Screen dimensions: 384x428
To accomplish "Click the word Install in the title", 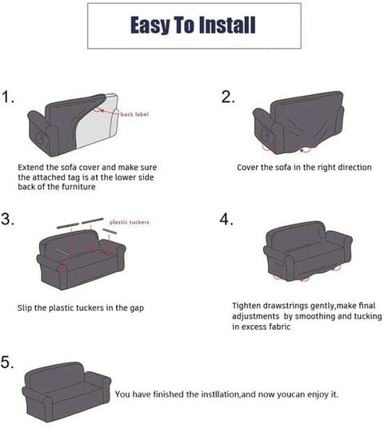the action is click(227, 25).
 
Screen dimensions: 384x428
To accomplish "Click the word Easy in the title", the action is click(150, 25).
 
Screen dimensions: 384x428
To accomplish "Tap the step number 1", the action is click(8, 97).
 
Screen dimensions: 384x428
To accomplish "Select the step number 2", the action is click(228, 97).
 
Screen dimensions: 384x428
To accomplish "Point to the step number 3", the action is click(8, 219).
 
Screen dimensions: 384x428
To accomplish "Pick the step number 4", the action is click(226, 219).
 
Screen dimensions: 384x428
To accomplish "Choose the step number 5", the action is click(7, 363).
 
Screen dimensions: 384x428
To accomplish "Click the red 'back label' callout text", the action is click(134, 114).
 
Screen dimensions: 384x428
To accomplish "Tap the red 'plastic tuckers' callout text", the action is click(130, 222).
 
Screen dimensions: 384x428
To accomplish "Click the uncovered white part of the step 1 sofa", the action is click(96, 129).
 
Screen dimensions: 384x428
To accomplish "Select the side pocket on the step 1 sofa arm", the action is click(40, 138).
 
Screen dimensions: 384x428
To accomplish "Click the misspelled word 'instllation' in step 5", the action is click(221, 394).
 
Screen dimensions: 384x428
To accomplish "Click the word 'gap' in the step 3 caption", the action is click(137, 308).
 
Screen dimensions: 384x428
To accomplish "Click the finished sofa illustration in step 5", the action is click(66, 392).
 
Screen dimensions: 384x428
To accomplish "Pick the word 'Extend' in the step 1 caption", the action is click(30, 168).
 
